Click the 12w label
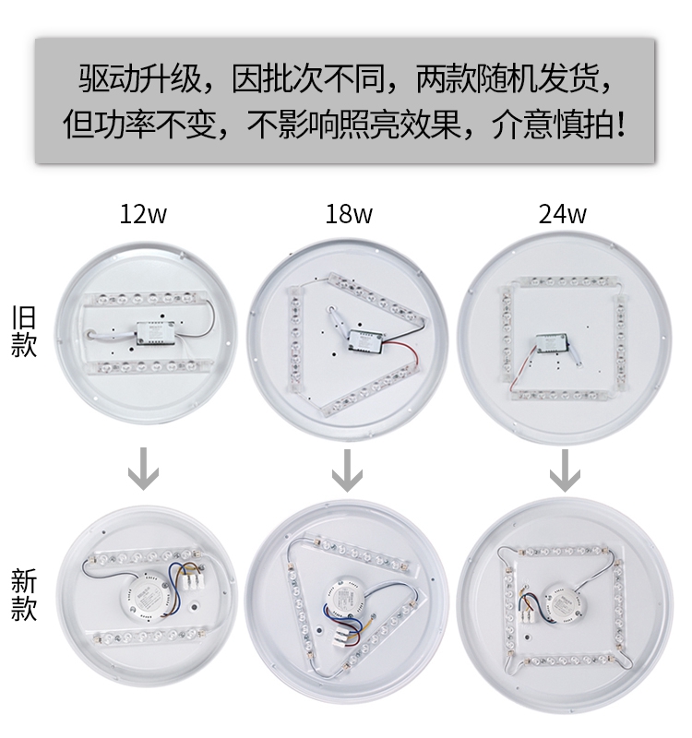pos(143,215)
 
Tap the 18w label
pos(349,215)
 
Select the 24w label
pos(562,215)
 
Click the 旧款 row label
pos(24,331)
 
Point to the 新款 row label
pos(24,595)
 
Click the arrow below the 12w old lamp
pos(143,470)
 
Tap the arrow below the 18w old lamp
pos(346,470)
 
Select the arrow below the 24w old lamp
pos(565,470)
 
